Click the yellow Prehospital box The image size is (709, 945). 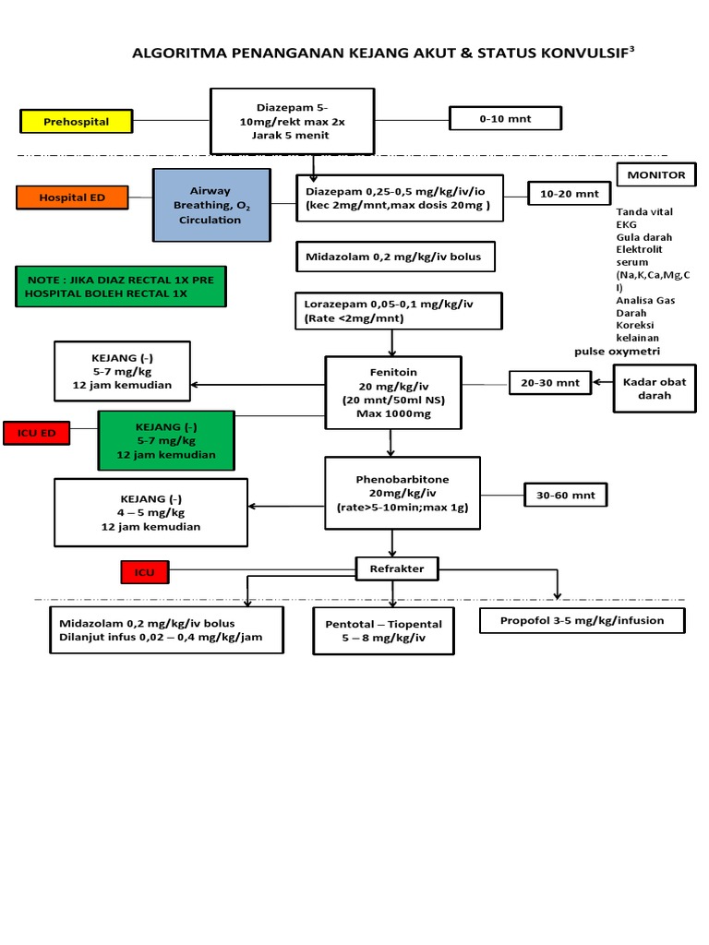coord(77,121)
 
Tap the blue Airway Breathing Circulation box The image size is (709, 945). coord(211,205)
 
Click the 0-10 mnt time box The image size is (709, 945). coord(505,118)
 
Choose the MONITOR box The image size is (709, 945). coord(656,174)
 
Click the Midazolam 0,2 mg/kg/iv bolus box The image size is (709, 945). coord(395,257)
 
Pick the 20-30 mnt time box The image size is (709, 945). coord(550,382)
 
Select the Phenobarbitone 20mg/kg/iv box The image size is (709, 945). coord(403,493)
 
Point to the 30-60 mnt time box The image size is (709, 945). coord(565,496)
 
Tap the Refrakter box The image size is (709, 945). coord(398,568)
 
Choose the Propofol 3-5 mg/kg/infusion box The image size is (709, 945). coord(583,620)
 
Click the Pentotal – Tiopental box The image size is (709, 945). coord(384,630)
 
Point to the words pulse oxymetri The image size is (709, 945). coord(617,351)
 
